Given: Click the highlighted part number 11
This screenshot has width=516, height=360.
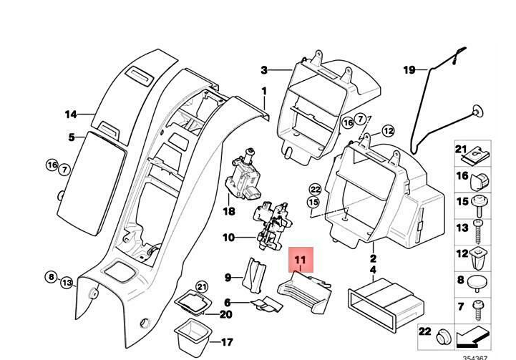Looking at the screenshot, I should point(299,261).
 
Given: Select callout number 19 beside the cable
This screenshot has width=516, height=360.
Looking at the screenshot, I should point(409,70).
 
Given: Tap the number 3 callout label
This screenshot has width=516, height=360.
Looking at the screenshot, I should point(263,70).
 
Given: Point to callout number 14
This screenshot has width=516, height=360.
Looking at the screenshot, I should point(70,115).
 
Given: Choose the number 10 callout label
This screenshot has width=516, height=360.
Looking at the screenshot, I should point(228,238).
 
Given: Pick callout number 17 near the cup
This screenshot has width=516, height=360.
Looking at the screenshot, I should point(227,342).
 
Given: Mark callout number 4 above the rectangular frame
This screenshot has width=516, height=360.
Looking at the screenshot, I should point(373,270).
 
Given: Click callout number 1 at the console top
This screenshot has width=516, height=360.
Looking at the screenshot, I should point(263,92).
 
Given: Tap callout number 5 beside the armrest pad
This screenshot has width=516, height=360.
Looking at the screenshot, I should point(71,137).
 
